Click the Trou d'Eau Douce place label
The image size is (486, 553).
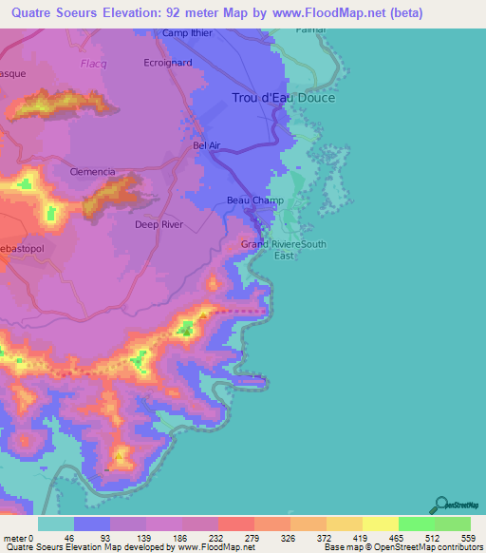click(x=284, y=98)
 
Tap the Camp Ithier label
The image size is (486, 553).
click(x=189, y=33)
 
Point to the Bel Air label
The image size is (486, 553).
click(x=206, y=145)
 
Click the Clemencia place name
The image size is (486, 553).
click(x=93, y=172)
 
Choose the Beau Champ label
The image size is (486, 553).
click(x=250, y=200)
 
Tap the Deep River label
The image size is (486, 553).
click(x=159, y=225)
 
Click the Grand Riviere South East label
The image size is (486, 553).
click(x=283, y=249)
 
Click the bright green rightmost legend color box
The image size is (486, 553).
click(x=452, y=524)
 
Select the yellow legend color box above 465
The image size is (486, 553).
click(x=380, y=524)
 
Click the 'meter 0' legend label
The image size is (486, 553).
click(x=18, y=537)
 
